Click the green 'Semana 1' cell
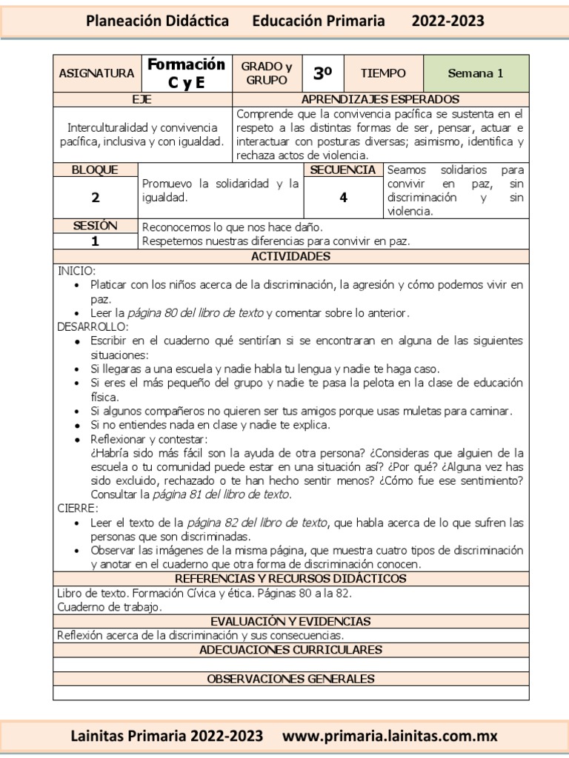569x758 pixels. coord(476,73)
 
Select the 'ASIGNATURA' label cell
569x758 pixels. coord(96,73)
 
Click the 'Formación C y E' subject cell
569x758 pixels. coord(185,73)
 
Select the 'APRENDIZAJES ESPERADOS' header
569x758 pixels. coord(381,99)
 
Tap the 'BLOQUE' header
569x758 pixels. coord(95,170)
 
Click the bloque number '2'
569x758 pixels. coord(95,198)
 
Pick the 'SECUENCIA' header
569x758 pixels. coord(342,170)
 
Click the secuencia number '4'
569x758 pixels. coord(343,198)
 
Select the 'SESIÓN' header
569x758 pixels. coord(95,226)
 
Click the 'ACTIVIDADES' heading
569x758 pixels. coord(290,256)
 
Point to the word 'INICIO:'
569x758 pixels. coord(77,270)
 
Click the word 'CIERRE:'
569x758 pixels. coord(78,509)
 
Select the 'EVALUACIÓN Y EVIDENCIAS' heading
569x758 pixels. coord(290,621)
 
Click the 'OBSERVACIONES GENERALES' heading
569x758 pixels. coord(290,678)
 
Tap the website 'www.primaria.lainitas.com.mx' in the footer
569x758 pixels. coord(390,736)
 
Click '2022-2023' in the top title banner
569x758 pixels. coord(447,21)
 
